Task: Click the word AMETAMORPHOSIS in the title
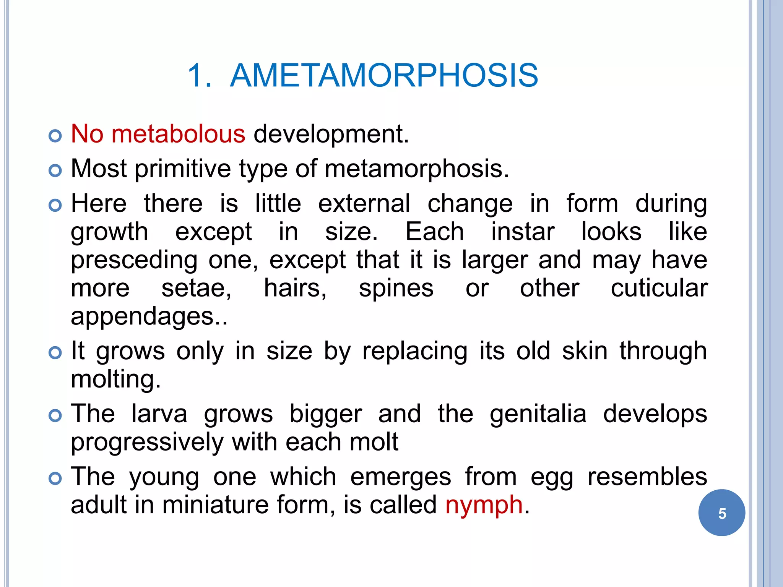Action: coord(384,75)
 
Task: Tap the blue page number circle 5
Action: coord(721,513)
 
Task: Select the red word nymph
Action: coord(484,505)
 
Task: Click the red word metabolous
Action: coord(178,134)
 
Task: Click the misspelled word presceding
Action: coord(134,260)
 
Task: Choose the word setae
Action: coord(196,288)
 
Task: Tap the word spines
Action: coord(396,289)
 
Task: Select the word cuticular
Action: coord(659,288)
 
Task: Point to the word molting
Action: coord(115,379)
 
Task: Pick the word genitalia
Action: coord(538,414)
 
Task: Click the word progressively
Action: coord(147,443)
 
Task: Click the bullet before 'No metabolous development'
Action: coord(55,136)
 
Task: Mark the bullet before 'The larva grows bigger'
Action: coord(55,415)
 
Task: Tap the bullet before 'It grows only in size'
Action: coord(55,353)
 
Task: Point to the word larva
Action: coord(159,414)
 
